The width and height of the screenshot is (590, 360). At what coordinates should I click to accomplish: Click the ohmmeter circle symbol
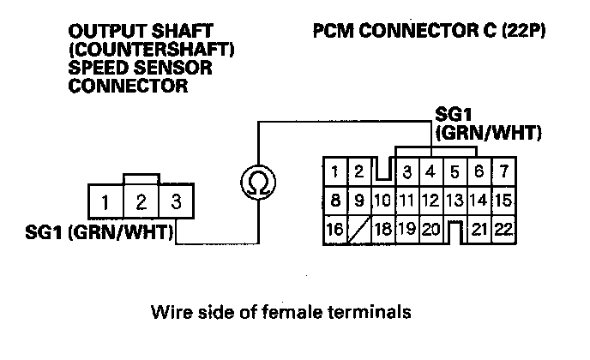point(255,181)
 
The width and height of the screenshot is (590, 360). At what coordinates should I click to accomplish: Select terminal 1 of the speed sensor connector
point(104,204)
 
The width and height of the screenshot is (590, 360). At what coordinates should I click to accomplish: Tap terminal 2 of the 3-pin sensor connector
point(140,204)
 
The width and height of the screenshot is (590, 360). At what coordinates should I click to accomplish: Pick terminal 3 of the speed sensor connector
point(175,204)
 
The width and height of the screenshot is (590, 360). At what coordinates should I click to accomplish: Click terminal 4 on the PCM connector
point(431,171)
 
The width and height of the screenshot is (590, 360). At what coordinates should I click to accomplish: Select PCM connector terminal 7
point(504,171)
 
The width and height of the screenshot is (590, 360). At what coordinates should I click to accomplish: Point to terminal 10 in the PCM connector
point(382,201)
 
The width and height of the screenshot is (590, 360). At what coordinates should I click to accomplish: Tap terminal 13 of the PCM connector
point(455,201)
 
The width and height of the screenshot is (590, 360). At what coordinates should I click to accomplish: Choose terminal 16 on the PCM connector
point(335,230)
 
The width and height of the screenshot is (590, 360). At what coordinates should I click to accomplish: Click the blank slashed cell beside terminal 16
point(359,230)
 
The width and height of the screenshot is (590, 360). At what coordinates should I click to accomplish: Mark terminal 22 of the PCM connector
point(503,230)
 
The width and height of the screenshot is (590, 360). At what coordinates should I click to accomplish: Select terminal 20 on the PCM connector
point(430,230)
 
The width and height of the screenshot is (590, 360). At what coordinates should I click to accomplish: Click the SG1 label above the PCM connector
point(453,116)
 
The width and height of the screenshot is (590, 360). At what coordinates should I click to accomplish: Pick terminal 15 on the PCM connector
point(503,201)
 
